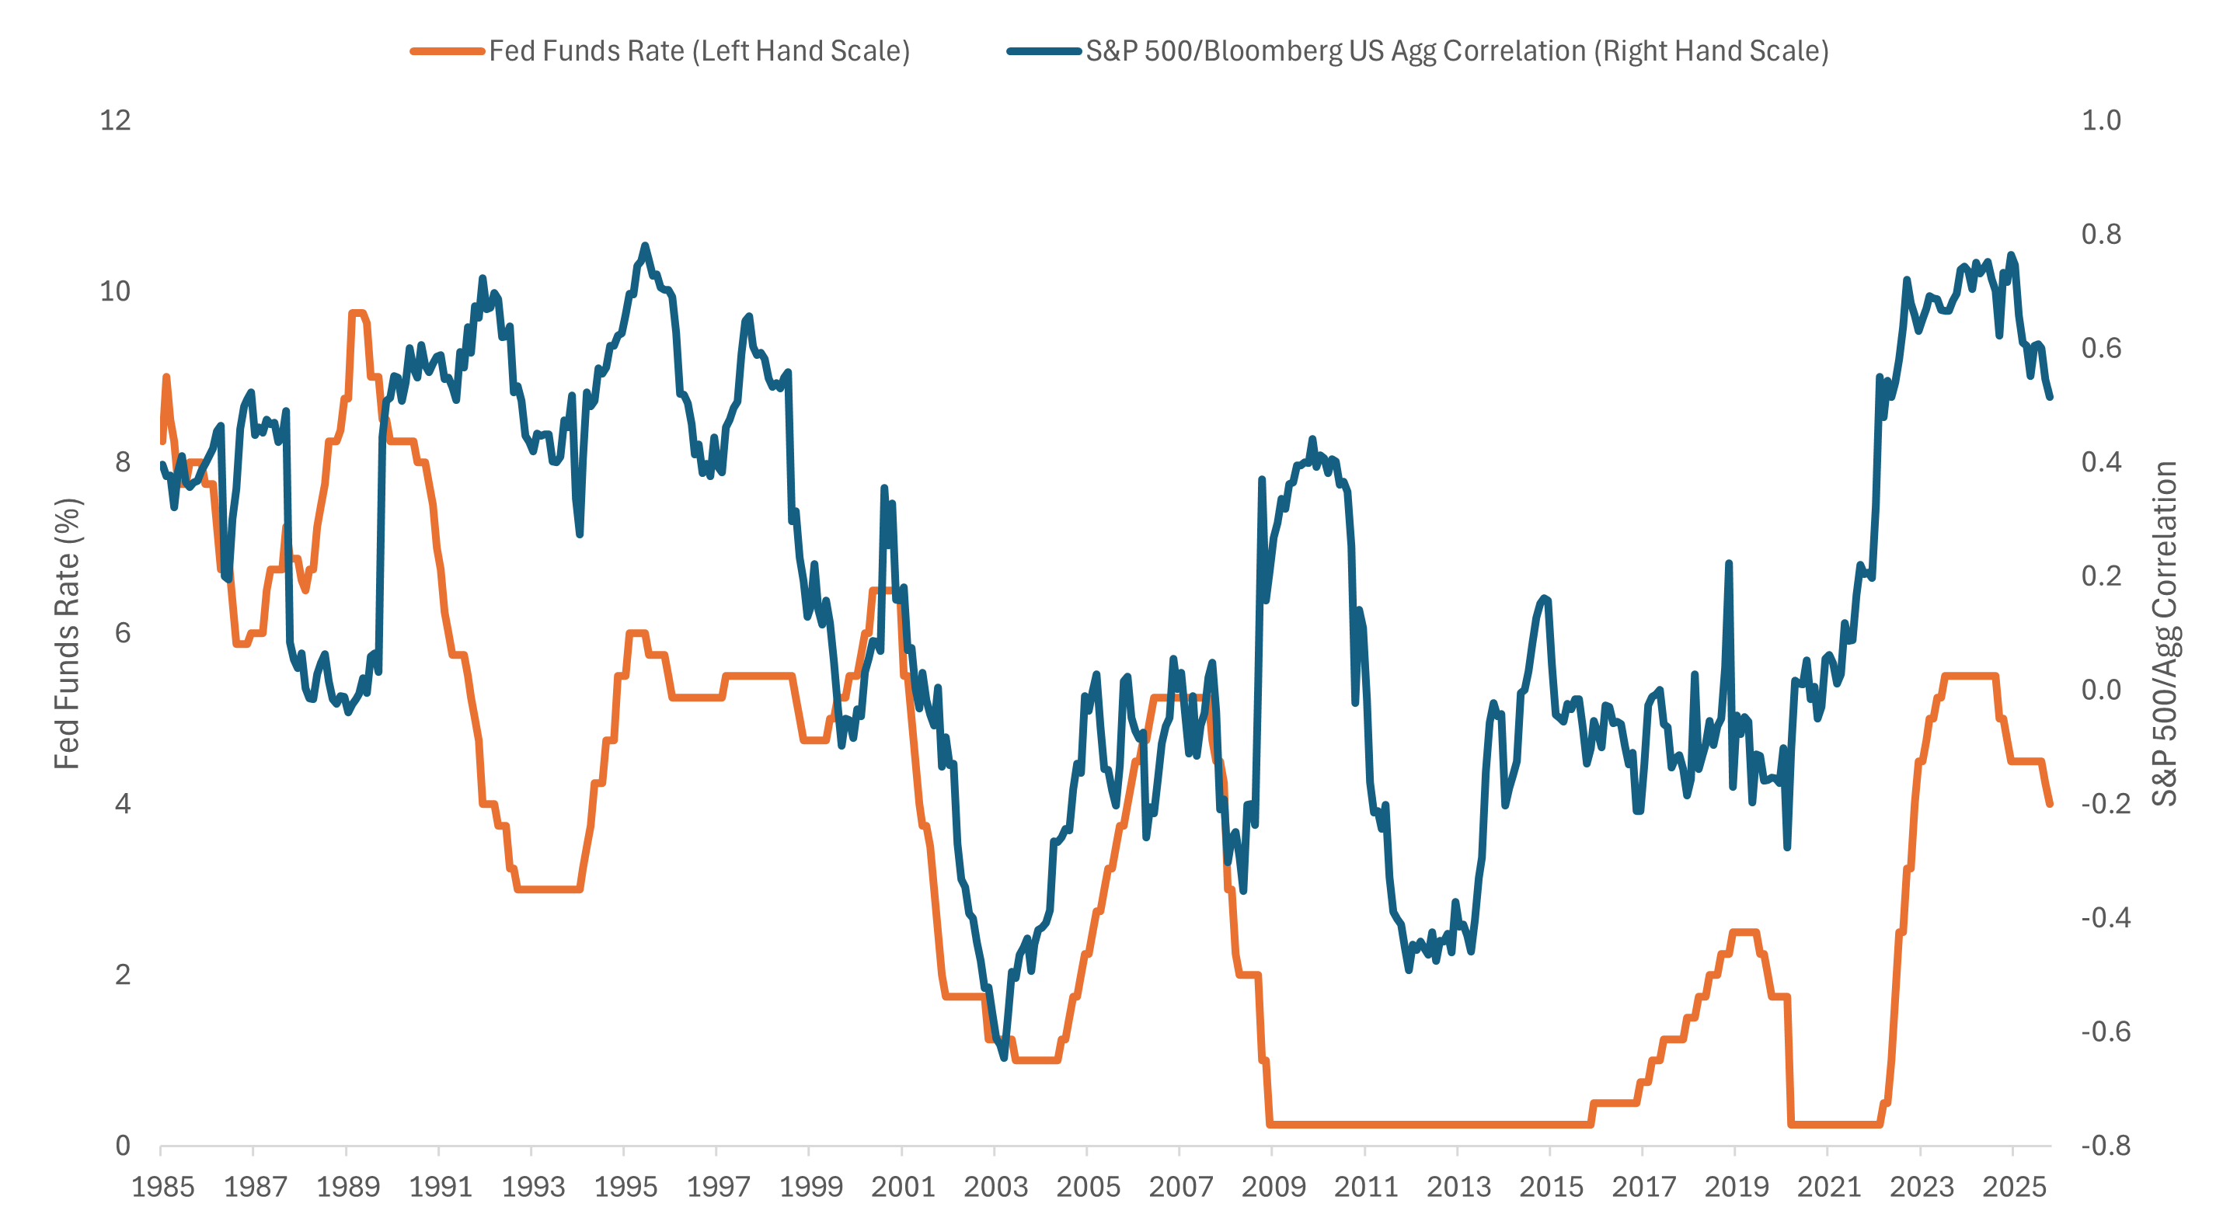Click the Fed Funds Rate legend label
point(699,51)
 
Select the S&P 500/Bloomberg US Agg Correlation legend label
point(1456,51)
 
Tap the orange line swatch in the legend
point(447,51)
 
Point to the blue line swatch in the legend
point(1044,51)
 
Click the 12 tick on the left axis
point(115,120)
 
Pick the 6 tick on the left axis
point(123,632)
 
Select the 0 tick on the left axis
point(123,1146)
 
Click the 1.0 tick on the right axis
point(2100,120)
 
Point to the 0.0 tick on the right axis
point(2100,690)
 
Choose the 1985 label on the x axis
point(162,1187)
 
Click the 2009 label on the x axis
point(1273,1187)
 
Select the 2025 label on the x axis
point(2013,1187)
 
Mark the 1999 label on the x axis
point(810,1187)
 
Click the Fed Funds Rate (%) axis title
point(67,634)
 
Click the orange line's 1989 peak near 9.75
point(357,313)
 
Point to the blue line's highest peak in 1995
point(644,245)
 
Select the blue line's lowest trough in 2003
point(1004,1056)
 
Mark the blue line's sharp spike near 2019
point(1728,564)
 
